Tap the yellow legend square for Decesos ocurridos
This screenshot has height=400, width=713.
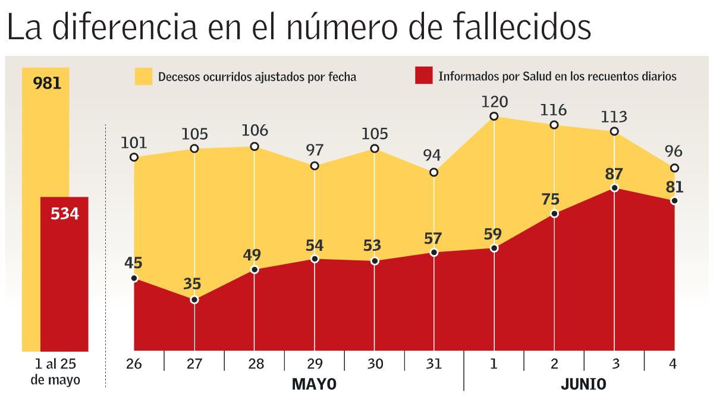click(x=143, y=76)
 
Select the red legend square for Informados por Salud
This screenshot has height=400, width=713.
click(x=423, y=76)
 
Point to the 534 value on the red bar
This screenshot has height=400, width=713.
click(x=65, y=214)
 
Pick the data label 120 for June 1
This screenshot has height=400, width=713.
click(x=494, y=102)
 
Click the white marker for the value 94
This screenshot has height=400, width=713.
click(x=434, y=172)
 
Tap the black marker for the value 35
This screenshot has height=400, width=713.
click(x=194, y=300)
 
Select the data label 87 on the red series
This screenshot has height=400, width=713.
click(x=614, y=174)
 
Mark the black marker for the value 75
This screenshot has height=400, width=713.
click(x=554, y=213)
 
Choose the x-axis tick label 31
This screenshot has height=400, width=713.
click(x=434, y=364)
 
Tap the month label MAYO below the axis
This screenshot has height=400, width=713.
click(x=314, y=384)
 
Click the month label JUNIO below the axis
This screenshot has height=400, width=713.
click(x=583, y=384)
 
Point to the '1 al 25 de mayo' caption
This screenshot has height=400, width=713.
click(x=55, y=371)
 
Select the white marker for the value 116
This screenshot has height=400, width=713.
click(x=554, y=125)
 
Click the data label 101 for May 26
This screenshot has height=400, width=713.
click(x=134, y=143)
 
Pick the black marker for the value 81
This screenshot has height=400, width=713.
click(x=674, y=201)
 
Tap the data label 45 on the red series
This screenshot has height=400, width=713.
click(x=134, y=263)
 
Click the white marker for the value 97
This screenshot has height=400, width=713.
click(x=315, y=166)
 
